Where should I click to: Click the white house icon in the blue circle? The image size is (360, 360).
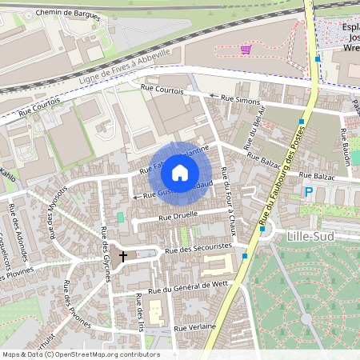(x=179, y=172)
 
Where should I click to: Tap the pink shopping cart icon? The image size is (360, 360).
(x=246, y=49)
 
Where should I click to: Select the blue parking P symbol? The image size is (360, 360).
(x=309, y=191)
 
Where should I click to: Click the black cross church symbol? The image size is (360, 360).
(x=123, y=256)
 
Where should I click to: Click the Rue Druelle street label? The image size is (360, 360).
(x=178, y=215)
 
